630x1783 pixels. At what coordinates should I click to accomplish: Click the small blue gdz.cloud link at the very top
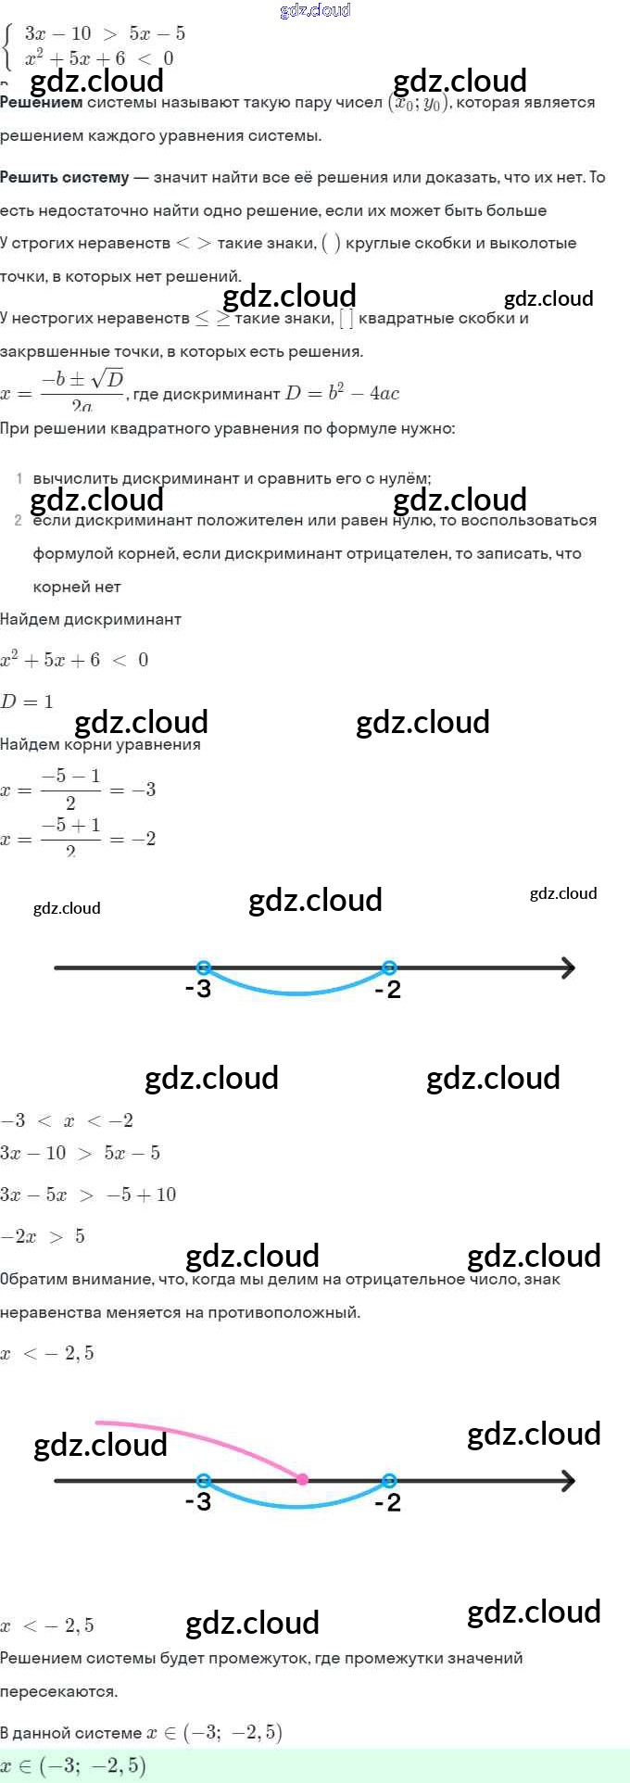[x=315, y=10]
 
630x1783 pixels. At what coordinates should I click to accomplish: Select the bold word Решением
[x=42, y=102]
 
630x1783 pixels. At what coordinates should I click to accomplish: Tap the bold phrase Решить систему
[x=65, y=177]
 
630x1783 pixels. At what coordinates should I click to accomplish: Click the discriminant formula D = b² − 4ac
[x=342, y=393]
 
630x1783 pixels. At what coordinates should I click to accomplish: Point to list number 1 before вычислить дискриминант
[x=19, y=478]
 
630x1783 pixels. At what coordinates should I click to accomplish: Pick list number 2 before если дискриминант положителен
[x=19, y=520]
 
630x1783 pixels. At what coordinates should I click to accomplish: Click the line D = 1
[x=27, y=702]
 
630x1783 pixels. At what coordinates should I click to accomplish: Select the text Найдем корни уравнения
[x=100, y=744]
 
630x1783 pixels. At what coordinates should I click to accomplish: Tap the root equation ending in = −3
[x=78, y=790]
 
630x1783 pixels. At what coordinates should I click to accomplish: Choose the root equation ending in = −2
[x=78, y=839]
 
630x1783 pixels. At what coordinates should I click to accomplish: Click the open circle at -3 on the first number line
[x=204, y=967]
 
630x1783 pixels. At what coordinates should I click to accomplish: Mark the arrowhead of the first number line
[x=567, y=968]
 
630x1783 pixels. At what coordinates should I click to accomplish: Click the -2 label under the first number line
[x=387, y=990]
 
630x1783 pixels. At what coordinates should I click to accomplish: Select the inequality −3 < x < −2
[x=67, y=1120]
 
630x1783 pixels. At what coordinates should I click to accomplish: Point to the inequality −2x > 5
[x=43, y=1236]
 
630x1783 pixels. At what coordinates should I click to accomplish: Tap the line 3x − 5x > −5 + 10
[x=88, y=1195]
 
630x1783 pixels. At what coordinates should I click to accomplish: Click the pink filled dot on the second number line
[x=302, y=1479]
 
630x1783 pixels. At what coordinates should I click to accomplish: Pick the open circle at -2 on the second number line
[x=389, y=1480]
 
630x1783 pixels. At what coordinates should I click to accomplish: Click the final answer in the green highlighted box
[x=74, y=1765]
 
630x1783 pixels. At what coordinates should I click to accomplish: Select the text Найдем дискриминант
[x=91, y=619]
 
